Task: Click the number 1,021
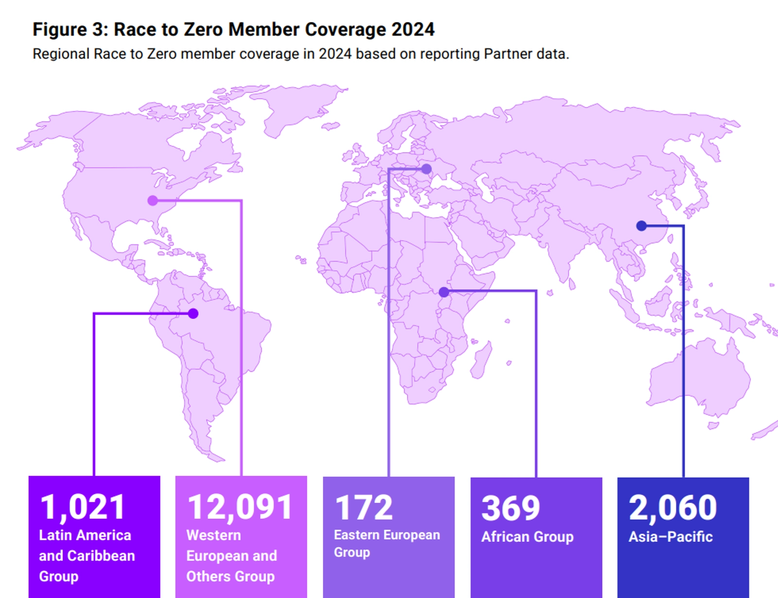coord(83,507)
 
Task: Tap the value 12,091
coord(240,507)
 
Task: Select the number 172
coord(364,508)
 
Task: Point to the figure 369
coord(511,508)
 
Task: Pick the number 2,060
coord(672,507)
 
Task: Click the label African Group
coord(527,537)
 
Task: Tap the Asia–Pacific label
coord(670,537)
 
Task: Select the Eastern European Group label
coord(387,544)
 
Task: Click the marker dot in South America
coord(193,314)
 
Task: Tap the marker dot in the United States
coord(153,200)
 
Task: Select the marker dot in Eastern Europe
coord(426,169)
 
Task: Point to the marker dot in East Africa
coord(444,292)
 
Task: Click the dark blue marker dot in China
coord(641,226)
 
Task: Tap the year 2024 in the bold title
coord(413,30)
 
